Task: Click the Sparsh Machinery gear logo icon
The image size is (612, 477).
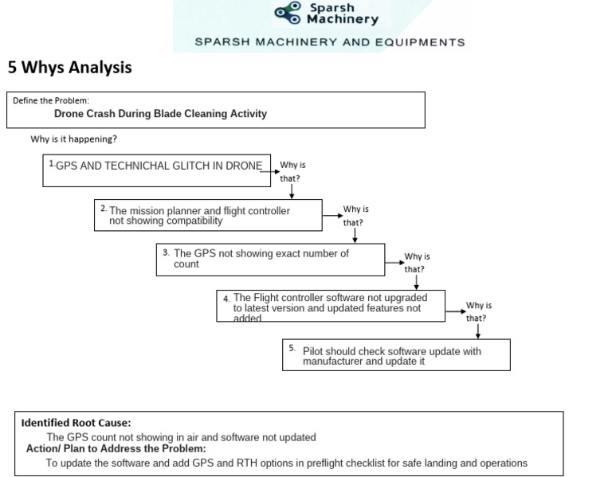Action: pos(288,12)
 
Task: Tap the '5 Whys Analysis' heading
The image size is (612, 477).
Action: pos(69,68)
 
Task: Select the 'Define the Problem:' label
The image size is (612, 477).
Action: pos(51,100)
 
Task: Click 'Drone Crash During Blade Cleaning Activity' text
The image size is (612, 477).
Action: pos(160,114)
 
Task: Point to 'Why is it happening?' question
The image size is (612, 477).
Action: pos(74,139)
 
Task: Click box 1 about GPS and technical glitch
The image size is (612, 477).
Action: pos(158,170)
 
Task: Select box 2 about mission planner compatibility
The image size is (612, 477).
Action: pos(208,215)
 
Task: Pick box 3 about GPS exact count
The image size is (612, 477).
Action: pos(270,259)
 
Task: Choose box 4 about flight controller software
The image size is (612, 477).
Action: pos(331,307)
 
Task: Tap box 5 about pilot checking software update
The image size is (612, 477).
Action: pos(397,355)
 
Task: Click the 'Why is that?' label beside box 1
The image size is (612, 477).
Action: pos(292,171)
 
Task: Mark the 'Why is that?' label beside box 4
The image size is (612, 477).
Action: pos(478,311)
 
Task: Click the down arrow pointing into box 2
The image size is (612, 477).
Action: pos(292,192)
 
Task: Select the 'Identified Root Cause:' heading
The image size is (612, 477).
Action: pos(76,423)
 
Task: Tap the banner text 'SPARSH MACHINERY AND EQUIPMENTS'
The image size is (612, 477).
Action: pos(329,42)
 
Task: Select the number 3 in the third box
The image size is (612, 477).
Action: pos(165,252)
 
